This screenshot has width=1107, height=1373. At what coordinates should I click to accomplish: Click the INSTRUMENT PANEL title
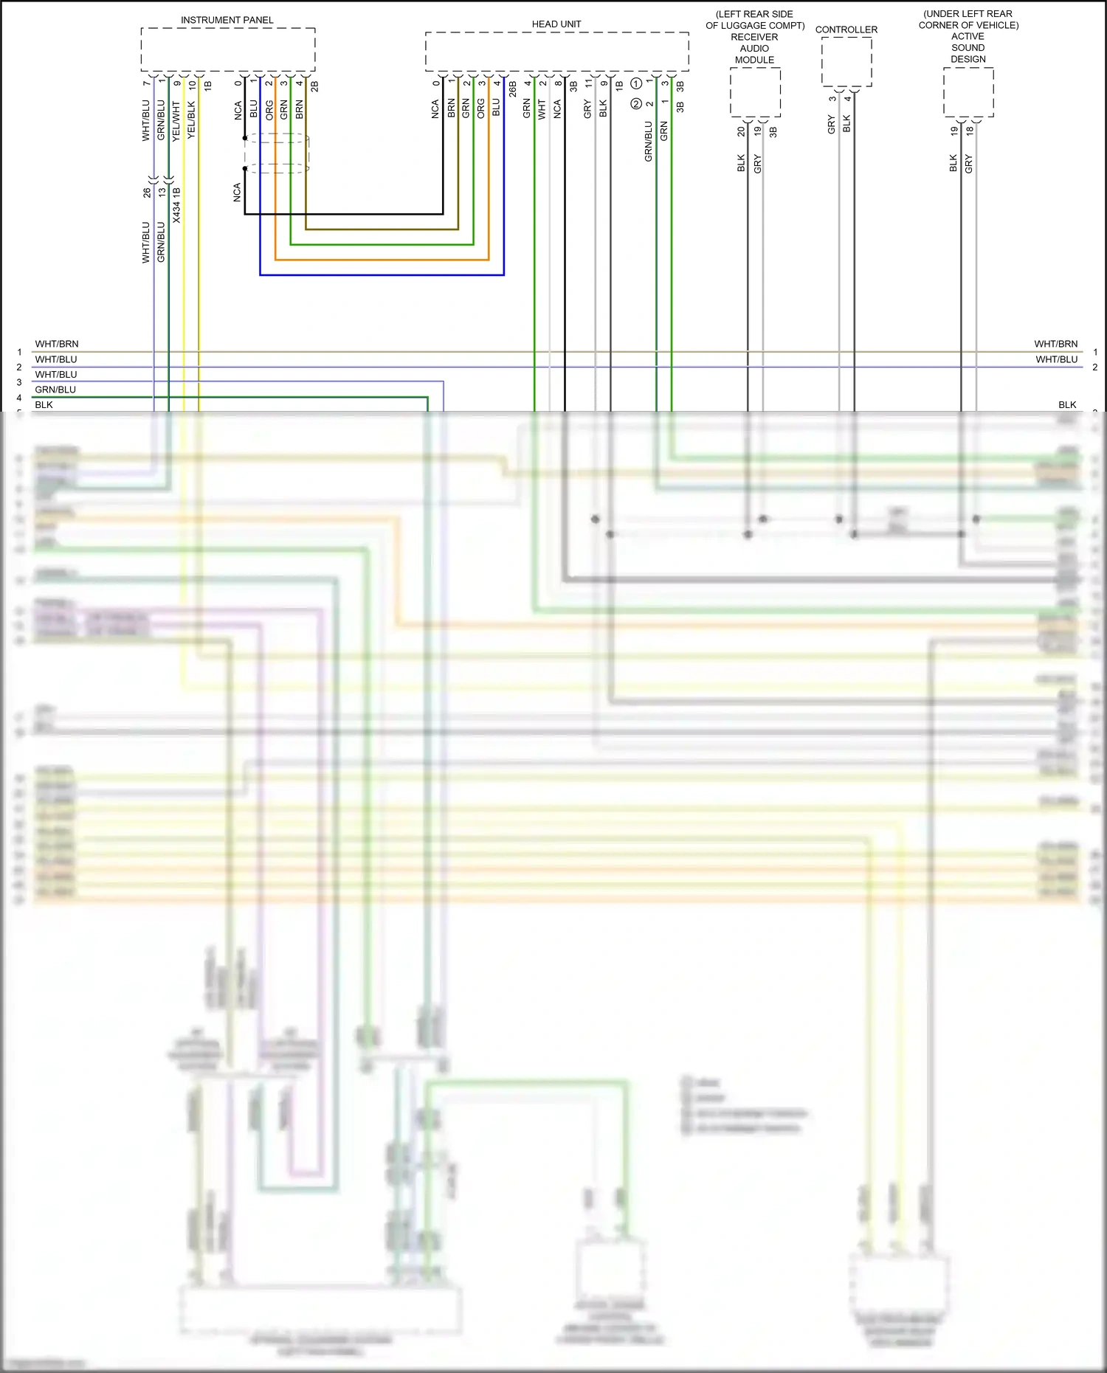(227, 20)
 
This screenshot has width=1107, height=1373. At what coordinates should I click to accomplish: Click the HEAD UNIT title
(556, 24)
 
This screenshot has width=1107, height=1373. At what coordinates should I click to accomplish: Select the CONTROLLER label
(846, 30)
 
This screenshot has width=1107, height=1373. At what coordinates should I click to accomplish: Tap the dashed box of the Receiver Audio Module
(755, 92)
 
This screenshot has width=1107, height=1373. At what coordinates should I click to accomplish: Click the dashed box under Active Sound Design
(968, 92)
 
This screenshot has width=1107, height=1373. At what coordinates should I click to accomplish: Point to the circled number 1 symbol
(635, 84)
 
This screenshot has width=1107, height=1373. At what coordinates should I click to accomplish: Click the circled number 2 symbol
(635, 104)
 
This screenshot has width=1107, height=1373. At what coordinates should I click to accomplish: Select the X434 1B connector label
(177, 205)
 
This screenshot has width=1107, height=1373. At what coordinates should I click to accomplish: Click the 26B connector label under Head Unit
(513, 90)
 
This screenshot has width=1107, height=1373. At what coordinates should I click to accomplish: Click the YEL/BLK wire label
(192, 120)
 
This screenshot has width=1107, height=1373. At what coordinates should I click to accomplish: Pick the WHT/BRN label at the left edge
(57, 344)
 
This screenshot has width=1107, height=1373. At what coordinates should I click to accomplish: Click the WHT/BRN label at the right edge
(1055, 344)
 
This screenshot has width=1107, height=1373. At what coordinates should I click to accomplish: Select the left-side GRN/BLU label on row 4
(55, 390)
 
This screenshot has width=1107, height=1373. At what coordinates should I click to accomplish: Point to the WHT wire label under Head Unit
(542, 110)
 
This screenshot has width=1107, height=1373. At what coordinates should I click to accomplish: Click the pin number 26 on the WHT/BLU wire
(147, 193)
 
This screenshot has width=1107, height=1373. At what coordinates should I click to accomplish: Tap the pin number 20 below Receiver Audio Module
(741, 131)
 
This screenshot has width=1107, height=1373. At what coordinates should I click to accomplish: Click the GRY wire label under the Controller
(832, 124)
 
